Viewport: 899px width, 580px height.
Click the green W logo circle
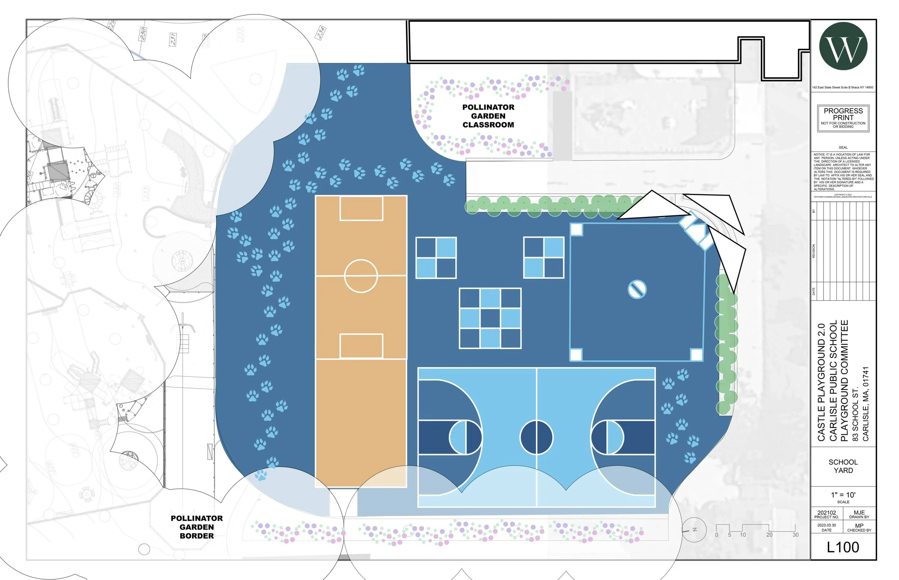coord(843,46)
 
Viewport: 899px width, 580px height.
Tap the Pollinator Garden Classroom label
coord(488,116)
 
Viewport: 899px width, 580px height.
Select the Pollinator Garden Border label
coord(197,527)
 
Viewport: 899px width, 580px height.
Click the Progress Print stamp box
coord(843,118)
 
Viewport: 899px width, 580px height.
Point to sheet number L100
coord(843,547)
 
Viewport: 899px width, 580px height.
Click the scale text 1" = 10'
coord(843,495)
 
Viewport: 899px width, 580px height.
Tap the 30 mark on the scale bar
coord(795,535)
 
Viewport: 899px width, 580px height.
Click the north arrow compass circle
coord(694,530)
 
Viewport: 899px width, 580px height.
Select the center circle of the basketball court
coord(536,437)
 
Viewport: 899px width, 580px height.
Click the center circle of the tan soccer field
coord(360,276)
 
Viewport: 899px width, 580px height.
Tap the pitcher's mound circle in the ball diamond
coord(637,289)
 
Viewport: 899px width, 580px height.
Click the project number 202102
coord(826,513)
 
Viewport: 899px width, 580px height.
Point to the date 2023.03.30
coord(826,525)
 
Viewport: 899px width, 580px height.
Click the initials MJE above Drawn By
coord(859,513)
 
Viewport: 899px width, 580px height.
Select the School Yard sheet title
coord(843,466)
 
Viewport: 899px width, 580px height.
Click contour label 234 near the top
coord(320,33)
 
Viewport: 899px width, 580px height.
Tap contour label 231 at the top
coord(173,39)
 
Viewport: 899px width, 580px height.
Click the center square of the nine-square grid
coord(490,318)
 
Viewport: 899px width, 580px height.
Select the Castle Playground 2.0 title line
coord(821,382)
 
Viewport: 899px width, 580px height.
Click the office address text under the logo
coord(843,87)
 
